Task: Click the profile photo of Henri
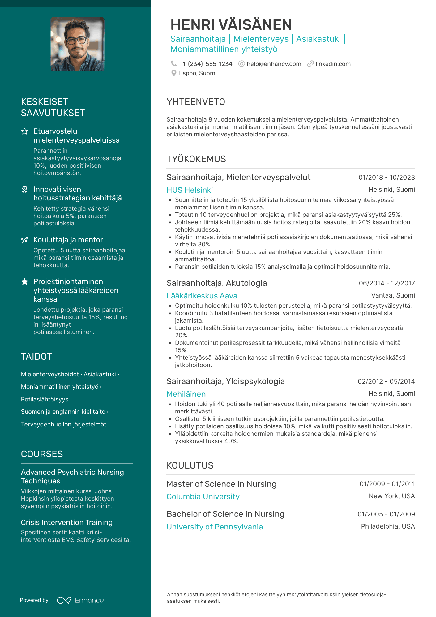77,44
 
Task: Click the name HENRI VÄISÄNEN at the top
231,25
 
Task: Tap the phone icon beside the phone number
174,64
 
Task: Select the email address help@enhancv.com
274,64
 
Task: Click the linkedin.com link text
333,64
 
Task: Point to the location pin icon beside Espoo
174,73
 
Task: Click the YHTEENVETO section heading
196,102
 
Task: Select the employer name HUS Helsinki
190,190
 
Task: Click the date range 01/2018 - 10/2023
387,177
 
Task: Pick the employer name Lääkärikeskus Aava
202,296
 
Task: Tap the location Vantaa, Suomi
393,295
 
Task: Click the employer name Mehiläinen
186,394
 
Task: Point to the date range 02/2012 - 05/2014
386,381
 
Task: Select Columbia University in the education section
203,496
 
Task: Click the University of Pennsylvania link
215,527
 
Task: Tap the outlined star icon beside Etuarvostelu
25,131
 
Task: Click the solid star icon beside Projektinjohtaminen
25,281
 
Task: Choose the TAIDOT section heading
36,357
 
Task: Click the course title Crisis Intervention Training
66,522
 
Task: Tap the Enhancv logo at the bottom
80,600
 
